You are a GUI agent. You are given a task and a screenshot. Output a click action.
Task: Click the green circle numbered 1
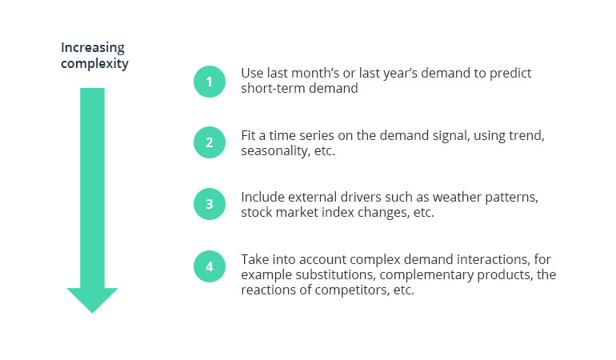210,81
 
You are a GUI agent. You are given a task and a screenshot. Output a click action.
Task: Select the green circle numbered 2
210,142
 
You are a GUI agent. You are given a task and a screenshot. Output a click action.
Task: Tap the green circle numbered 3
210,204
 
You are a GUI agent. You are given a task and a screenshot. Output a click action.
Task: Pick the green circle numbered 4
210,266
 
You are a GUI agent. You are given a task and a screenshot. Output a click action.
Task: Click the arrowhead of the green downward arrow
92,298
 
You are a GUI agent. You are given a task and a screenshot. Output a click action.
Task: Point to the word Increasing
93,47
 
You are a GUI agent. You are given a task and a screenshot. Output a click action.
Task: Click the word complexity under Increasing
95,63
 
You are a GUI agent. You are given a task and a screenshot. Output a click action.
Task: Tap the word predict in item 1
512,73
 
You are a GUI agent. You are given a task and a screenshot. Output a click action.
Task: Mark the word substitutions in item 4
327,274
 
